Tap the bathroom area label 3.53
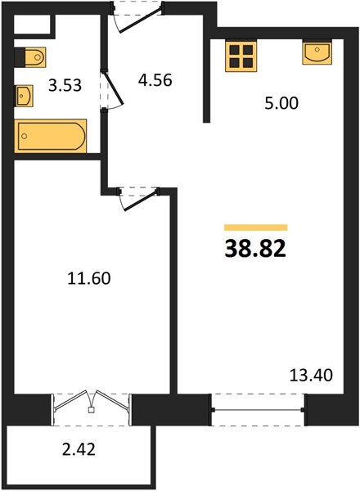point(65,85)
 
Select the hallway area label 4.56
point(155,80)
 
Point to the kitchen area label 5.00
point(281,103)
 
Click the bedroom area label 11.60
point(89,278)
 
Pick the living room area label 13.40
point(311,375)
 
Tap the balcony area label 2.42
point(79,449)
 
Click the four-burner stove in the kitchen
point(241,56)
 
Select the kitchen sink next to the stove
point(317,52)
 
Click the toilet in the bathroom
point(30,57)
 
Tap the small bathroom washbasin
point(25,96)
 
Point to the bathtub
point(51,136)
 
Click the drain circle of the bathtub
point(24,136)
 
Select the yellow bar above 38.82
point(256,227)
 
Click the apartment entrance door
point(137,17)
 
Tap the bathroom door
point(112,88)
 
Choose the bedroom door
point(137,198)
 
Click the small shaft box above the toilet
point(32,24)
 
